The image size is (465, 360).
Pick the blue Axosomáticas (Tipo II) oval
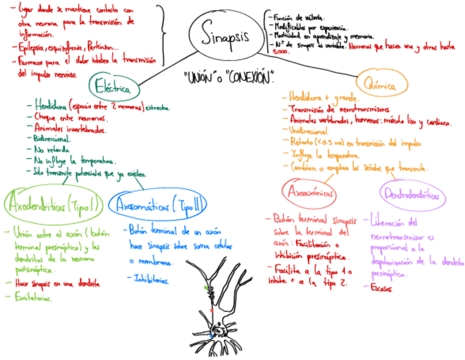(157, 206)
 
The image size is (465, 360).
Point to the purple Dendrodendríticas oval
(412, 195)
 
